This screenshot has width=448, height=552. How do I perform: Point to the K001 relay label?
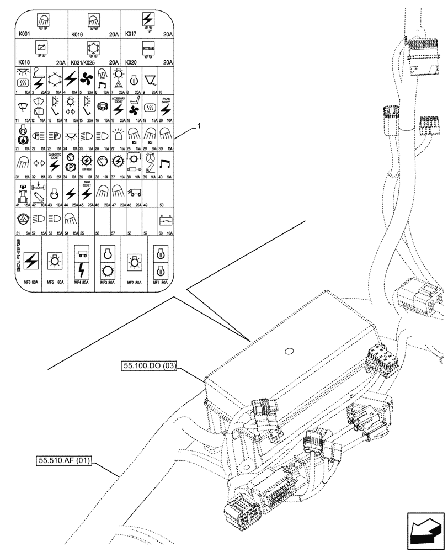(x=26, y=35)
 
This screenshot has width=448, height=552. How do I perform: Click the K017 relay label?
(x=131, y=34)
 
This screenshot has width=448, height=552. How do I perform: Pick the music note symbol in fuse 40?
(x=164, y=164)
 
